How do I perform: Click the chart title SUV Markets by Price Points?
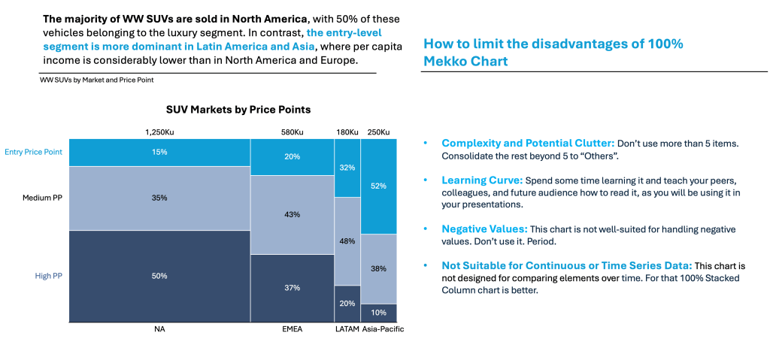pyautogui.click(x=238, y=110)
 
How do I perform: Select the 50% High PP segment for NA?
pyautogui.click(x=159, y=277)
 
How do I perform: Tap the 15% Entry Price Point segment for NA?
pyautogui.click(x=159, y=152)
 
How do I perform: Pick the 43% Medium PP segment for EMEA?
pyautogui.click(x=292, y=215)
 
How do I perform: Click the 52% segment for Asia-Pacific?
pyautogui.click(x=378, y=186)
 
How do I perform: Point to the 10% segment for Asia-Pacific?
pyautogui.click(x=378, y=313)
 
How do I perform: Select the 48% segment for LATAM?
pyautogui.click(x=347, y=241)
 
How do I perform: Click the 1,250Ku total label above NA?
pyautogui.click(x=159, y=132)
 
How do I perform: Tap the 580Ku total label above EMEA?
pyautogui.click(x=292, y=132)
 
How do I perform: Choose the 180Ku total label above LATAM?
pyautogui.click(x=347, y=132)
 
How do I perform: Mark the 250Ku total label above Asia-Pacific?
pyautogui.click(x=379, y=132)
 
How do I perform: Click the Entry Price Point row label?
pyautogui.click(x=33, y=152)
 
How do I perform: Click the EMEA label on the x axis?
pyautogui.click(x=292, y=329)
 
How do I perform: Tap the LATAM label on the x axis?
pyautogui.click(x=347, y=329)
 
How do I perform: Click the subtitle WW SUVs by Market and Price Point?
pyautogui.click(x=97, y=80)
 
